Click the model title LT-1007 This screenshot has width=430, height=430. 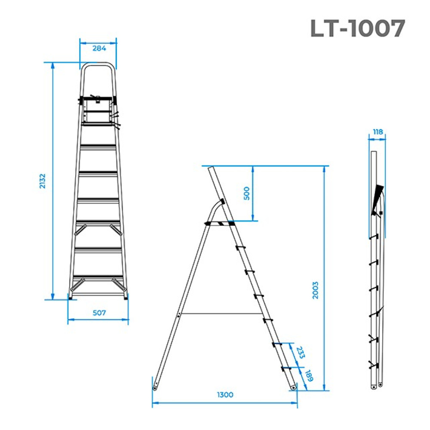pos(358,28)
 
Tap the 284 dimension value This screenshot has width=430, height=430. pos(99,49)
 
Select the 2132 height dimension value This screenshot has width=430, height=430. pos(43,181)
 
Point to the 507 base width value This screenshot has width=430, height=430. pos(99,313)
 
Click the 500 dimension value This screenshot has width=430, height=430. pos(247,193)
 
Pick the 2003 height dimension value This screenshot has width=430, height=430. pos(315,290)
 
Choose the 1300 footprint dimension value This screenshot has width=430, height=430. pos(225,395)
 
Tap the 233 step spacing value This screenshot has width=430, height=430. pos(301,353)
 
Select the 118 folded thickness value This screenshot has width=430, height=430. pos(378,132)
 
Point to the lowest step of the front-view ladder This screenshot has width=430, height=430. pos(98,276)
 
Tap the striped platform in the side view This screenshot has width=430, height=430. pos(220,224)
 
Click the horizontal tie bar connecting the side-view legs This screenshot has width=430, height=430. pos(221,313)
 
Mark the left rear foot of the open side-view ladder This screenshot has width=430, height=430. pos(155,388)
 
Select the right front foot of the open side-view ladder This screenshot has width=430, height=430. pos(293,387)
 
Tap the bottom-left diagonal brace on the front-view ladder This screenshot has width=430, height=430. pos(77,285)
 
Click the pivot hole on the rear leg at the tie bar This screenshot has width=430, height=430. pos(178,315)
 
